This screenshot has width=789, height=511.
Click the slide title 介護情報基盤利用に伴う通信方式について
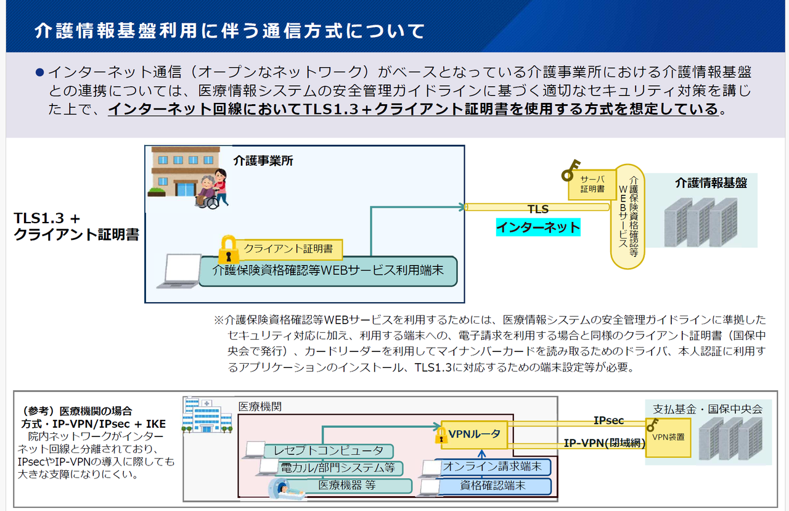(229, 30)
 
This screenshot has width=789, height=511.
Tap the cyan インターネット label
(538, 227)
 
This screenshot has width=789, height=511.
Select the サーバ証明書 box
(592, 184)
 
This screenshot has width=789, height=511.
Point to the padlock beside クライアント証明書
(229, 248)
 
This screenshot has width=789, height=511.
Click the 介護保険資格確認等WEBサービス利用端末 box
(328, 271)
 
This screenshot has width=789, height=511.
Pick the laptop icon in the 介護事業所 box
(178, 271)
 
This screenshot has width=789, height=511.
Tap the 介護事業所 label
(263, 161)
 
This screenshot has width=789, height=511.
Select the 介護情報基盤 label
(711, 182)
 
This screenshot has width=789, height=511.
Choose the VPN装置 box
(668, 436)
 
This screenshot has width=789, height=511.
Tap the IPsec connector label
(608, 420)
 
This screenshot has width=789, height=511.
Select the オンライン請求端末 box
(492, 467)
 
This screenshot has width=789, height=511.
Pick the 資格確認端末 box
(493, 486)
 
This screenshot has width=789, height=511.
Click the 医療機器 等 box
(347, 485)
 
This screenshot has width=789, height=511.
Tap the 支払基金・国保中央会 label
(707, 408)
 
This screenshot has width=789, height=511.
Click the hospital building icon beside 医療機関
(207, 414)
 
